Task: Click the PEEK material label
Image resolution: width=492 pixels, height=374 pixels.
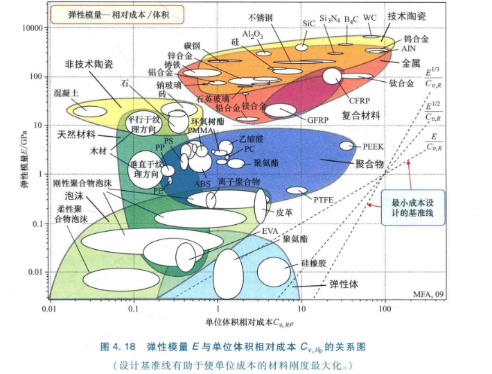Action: [373, 147]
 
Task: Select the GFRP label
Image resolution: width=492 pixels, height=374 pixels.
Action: [318, 119]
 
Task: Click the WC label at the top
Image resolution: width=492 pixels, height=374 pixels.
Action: [370, 15]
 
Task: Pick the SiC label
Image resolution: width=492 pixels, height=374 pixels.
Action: [310, 22]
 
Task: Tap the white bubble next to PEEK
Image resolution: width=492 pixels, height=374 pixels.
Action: [346, 146]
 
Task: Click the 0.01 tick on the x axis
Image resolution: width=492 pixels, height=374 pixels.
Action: [48, 307]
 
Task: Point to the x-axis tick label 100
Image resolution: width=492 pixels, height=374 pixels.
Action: [385, 307]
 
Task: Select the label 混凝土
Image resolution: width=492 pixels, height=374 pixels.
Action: [67, 92]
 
